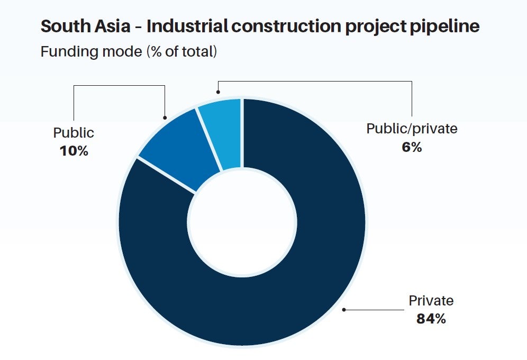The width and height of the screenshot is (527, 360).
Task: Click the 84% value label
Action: [x=431, y=319]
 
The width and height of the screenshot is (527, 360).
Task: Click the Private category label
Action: [x=431, y=301]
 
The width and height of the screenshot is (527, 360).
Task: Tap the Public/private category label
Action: [x=412, y=129]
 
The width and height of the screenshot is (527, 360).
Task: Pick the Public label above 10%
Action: [x=74, y=132]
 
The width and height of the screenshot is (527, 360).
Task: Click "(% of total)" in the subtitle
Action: [x=180, y=52]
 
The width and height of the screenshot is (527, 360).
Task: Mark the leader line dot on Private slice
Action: [x=344, y=309]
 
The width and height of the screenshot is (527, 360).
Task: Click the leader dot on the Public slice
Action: [x=166, y=118]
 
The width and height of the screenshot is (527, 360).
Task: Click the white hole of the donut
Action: [x=242, y=222]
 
